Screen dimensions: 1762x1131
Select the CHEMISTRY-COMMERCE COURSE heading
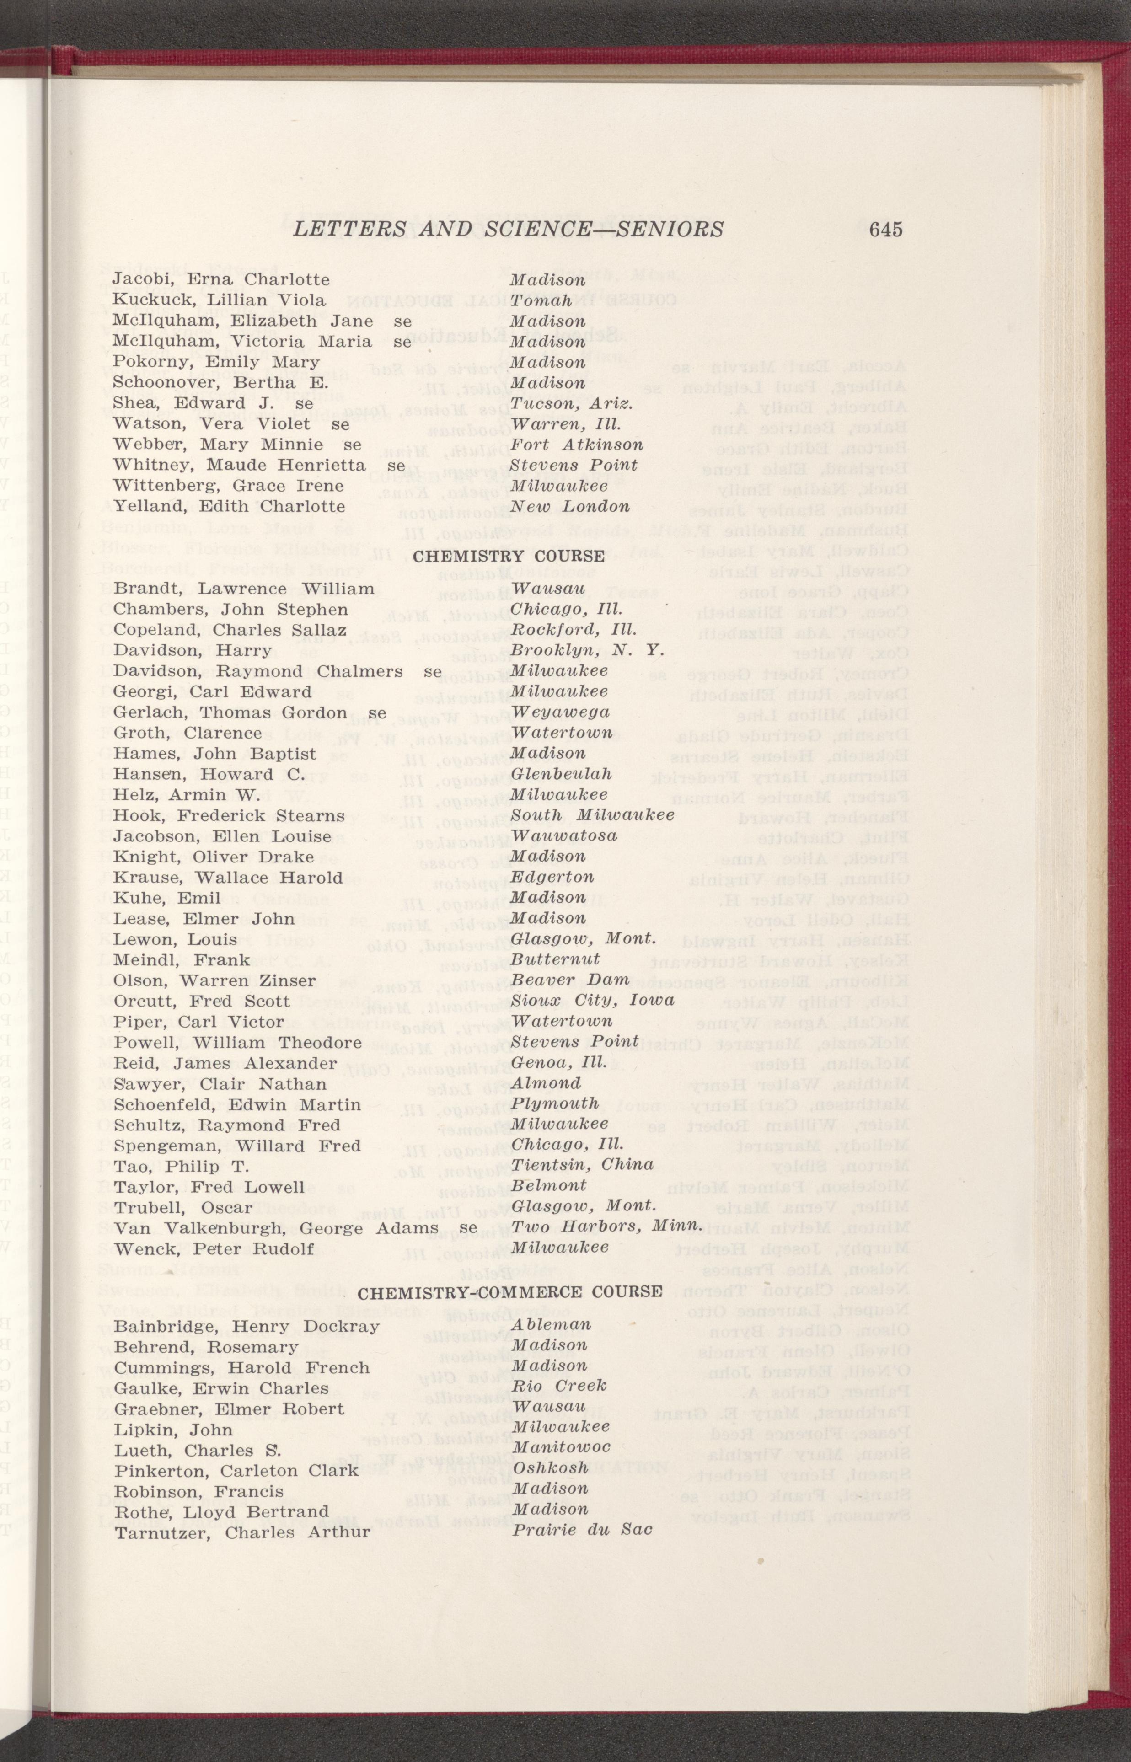click(x=509, y=1291)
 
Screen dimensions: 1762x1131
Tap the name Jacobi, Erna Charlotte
click(x=221, y=280)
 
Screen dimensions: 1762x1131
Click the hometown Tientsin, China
click(x=582, y=1164)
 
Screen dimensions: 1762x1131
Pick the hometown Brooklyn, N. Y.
click(x=587, y=650)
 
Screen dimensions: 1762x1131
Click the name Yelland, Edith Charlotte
click(x=228, y=507)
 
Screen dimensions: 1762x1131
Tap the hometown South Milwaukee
click(x=592, y=815)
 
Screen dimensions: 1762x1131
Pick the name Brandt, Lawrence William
click(x=244, y=589)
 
